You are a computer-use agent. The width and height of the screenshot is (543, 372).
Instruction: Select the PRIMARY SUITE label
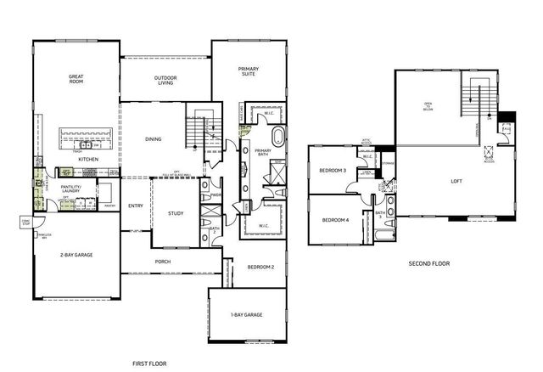(x=248, y=71)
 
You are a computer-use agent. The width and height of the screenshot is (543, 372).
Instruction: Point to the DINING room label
(x=154, y=139)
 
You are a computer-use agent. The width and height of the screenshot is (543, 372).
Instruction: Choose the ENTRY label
(x=136, y=206)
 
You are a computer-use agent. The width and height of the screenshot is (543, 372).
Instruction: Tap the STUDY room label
(x=176, y=213)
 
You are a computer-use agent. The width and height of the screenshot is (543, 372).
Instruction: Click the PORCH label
(x=163, y=262)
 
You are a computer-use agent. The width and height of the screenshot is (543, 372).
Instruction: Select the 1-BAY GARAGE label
(x=246, y=316)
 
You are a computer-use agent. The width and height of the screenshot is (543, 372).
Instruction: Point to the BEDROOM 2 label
(x=260, y=267)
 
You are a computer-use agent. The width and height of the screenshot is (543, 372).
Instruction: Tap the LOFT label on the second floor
(x=456, y=181)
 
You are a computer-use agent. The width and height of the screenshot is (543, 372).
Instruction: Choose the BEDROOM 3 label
(x=333, y=171)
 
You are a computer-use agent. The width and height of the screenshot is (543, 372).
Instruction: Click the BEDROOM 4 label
(x=334, y=220)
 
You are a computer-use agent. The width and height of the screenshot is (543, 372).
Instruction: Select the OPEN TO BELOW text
(x=428, y=106)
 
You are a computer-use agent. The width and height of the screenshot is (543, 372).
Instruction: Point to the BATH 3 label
(x=380, y=213)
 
